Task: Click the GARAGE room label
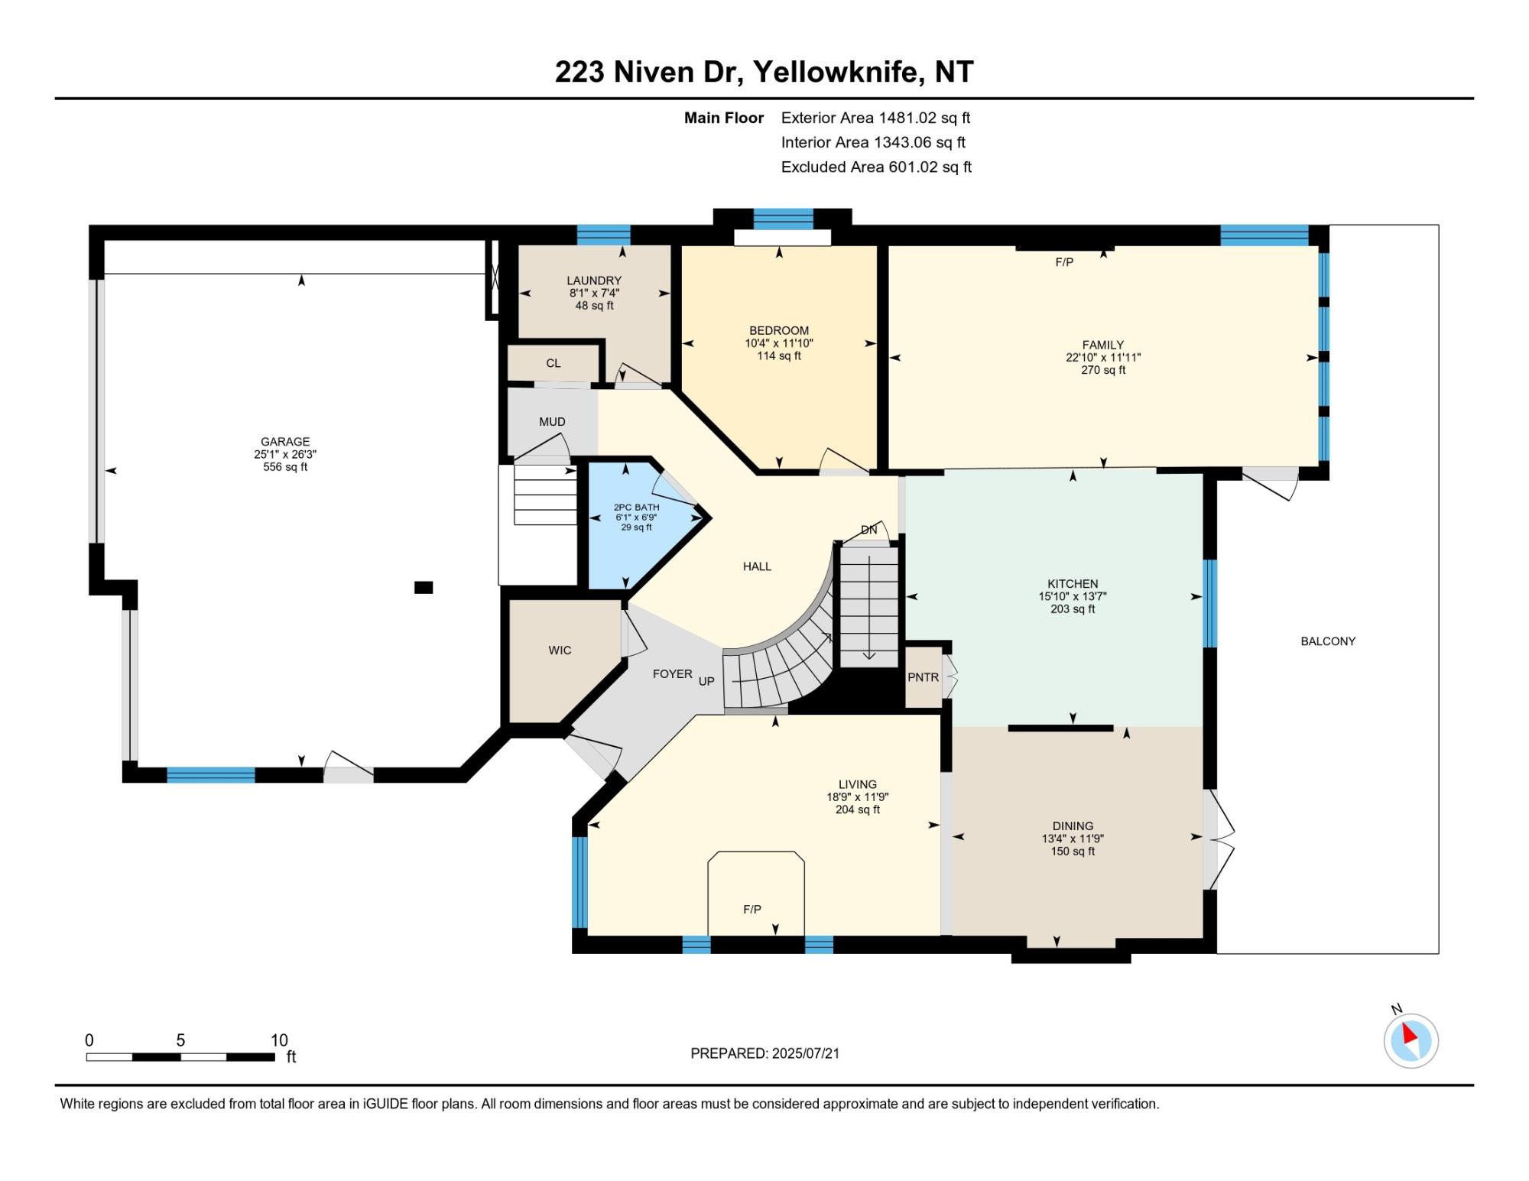[x=285, y=442]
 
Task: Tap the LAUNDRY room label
[x=594, y=281]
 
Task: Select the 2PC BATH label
[x=636, y=508]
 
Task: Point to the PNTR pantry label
[x=924, y=677]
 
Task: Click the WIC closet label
[x=560, y=651]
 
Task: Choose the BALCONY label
[x=1328, y=641]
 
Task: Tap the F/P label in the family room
[x=1064, y=262]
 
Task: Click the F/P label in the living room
[x=752, y=910]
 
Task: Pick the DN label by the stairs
[x=869, y=530]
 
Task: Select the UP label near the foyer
[x=706, y=681]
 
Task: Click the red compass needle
[x=1409, y=1035]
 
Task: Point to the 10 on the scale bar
[x=279, y=1040]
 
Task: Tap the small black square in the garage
[x=424, y=587]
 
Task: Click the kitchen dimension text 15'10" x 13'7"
[x=1073, y=596]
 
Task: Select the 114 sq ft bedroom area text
[x=779, y=355]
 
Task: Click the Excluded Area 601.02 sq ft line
[x=876, y=167]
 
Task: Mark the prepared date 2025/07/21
[x=806, y=1053]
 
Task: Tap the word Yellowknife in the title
[x=835, y=72]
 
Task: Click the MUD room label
[x=552, y=422]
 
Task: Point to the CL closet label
[x=553, y=364]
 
